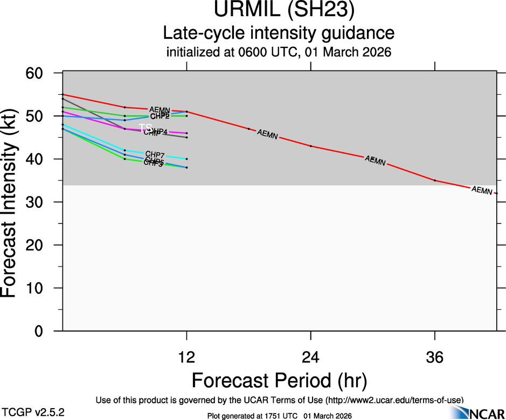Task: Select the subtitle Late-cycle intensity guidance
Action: click(x=279, y=33)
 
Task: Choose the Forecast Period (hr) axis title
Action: click(x=279, y=380)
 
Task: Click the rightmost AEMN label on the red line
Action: click(x=482, y=190)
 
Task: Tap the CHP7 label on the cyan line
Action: click(x=155, y=155)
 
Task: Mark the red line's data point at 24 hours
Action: click(x=311, y=146)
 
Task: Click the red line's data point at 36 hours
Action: click(x=435, y=180)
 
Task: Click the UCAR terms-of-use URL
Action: click(x=394, y=400)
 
